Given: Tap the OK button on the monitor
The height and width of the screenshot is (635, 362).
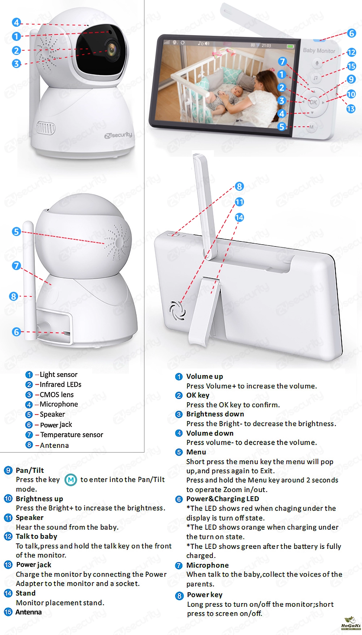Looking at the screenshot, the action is tap(313, 102).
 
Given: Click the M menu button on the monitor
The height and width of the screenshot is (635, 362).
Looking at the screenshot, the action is tap(311, 127).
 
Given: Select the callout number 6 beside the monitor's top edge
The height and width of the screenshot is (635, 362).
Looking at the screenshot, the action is tap(351, 33).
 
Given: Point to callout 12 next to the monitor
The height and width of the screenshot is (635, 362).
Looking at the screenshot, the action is tap(351, 52).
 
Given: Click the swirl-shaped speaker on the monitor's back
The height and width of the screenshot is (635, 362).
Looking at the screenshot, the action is tap(177, 311).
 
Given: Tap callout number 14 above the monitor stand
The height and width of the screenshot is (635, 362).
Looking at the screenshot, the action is tap(239, 217).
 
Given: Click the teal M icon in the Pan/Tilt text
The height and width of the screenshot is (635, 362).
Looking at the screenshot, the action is tap(71, 480).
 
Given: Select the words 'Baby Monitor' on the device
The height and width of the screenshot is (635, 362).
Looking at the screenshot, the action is tap(319, 51).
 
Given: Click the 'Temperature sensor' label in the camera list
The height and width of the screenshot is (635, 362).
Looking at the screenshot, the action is tap(72, 434).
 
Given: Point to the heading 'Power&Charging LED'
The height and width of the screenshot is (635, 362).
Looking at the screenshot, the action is tap(223, 499).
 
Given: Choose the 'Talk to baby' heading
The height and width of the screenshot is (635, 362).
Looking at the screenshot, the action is tap(37, 536).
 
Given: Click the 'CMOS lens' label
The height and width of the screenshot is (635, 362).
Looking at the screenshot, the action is tap(56, 394).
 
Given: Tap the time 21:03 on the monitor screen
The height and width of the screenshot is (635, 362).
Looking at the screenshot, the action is tap(266, 46).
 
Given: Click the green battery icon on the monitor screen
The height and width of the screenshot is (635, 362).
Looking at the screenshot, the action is tap(290, 46).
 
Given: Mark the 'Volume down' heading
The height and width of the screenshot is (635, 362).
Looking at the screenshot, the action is tap(210, 433).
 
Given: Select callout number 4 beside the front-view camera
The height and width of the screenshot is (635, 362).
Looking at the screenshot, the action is tap(16, 22).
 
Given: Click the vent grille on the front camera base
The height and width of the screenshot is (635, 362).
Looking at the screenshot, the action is tap(46, 127).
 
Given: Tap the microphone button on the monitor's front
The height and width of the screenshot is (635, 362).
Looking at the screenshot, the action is tap(317, 63).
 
